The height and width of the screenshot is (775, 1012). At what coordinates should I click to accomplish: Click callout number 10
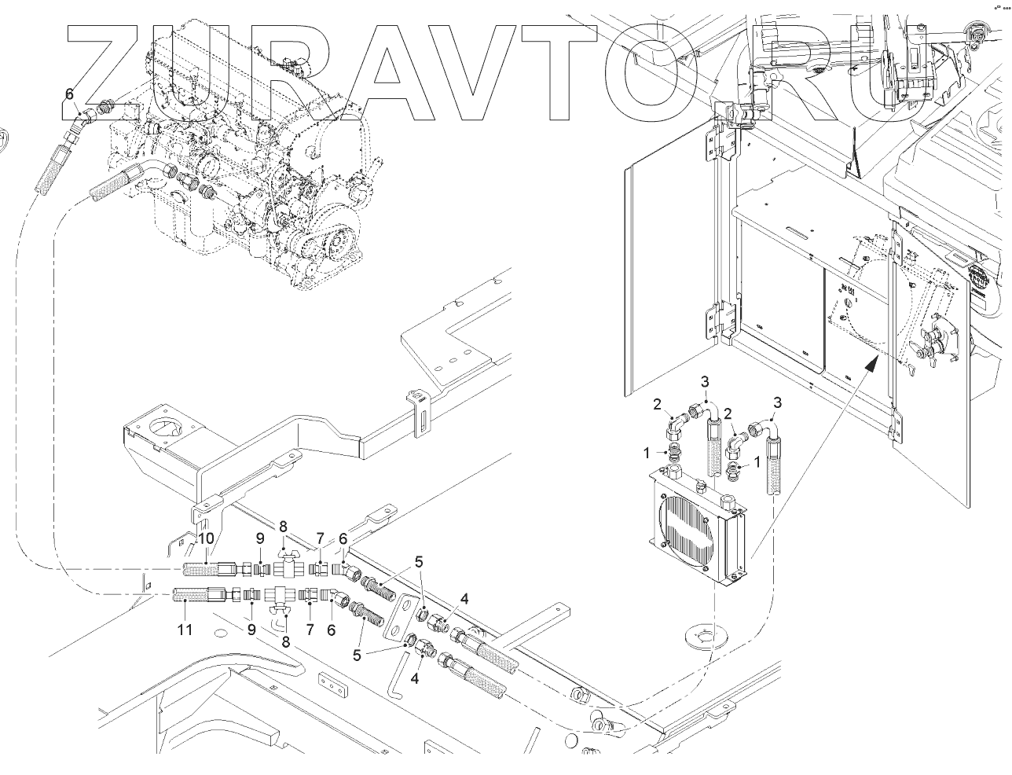pyautogui.click(x=206, y=538)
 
